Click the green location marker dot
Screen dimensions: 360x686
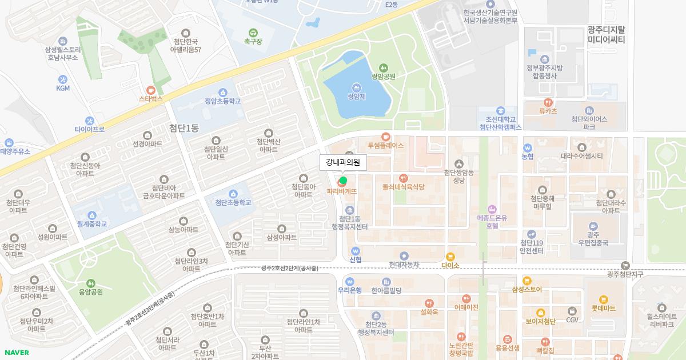pos(343,181)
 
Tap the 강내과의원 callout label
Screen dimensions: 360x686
pos(342,162)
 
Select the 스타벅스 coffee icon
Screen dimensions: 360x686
pos(151,90)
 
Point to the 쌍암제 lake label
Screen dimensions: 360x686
pos(356,97)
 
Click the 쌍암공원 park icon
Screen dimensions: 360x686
pos(383,67)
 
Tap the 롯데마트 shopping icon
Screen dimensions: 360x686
pos(603,299)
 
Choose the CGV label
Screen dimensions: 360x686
pos(572,321)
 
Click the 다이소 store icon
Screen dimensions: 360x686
pos(450,257)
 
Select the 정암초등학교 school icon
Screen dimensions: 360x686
pos(222,92)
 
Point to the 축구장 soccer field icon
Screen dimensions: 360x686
pos(253,33)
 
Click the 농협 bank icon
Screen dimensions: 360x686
pos(528,147)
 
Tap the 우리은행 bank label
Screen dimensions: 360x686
pos(350,290)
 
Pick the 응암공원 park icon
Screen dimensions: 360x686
pos(90,283)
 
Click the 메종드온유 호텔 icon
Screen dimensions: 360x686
pos(492,209)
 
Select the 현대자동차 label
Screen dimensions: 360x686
pos(404,265)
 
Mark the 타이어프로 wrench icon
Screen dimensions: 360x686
pos(89,121)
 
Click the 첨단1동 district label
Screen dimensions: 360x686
pos(184,128)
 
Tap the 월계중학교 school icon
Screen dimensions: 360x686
pos(92,215)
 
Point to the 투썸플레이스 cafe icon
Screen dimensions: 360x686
pos(385,137)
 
